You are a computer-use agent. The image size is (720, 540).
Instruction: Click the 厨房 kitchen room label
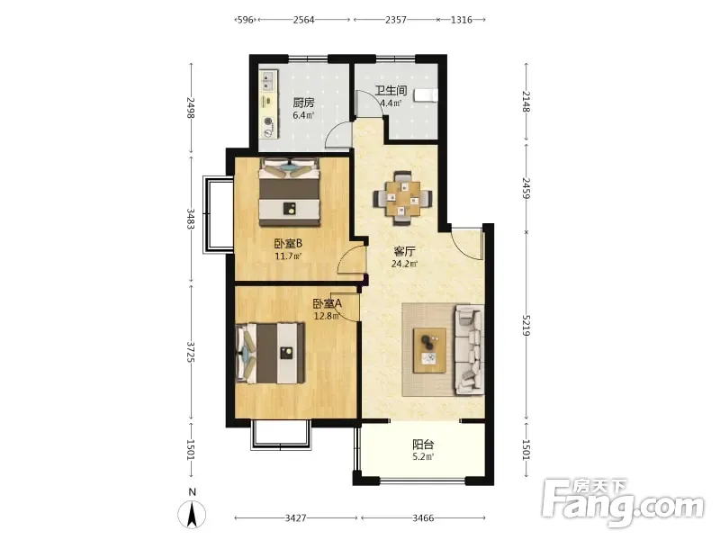pyautogui.click(x=303, y=103)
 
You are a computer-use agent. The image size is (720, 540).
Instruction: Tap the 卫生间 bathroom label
pyautogui.click(x=391, y=91)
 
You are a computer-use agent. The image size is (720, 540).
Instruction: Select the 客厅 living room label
pyautogui.click(x=404, y=251)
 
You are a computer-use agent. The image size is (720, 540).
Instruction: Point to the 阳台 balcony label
pyautogui.click(x=423, y=445)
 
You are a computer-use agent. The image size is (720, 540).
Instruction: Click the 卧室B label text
pyautogui.click(x=288, y=243)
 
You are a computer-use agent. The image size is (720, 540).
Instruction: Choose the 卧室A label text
pyautogui.click(x=328, y=304)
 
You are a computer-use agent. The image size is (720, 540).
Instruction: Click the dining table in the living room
pyautogui.click(x=403, y=199)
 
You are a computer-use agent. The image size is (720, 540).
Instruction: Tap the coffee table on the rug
pyautogui.click(x=430, y=350)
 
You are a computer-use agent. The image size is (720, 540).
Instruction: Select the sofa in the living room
pyautogui.click(x=469, y=350)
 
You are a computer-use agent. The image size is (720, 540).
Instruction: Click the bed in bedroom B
pyautogui.click(x=289, y=192)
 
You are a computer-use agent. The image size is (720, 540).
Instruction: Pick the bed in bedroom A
pyautogui.click(x=270, y=353)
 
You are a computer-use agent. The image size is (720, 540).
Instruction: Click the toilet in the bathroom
pyautogui.click(x=425, y=94)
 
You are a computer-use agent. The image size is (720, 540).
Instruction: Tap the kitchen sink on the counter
pyautogui.click(x=267, y=81)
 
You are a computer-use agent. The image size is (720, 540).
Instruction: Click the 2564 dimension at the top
pyautogui.click(x=303, y=20)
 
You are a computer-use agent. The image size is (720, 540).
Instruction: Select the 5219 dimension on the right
pyautogui.click(x=526, y=325)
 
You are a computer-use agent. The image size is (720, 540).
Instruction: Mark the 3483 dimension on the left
pyautogui.click(x=191, y=219)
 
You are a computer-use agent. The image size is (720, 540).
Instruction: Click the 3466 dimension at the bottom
pyautogui.click(x=423, y=518)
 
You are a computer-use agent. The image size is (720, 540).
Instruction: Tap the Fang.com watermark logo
pyautogui.click(x=623, y=503)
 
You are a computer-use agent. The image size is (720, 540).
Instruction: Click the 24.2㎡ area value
pyautogui.click(x=404, y=264)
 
